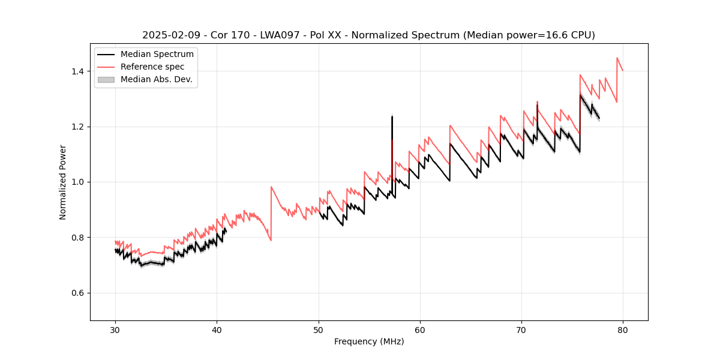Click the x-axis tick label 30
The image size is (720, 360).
click(x=115, y=330)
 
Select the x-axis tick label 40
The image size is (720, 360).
click(x=217, y=330)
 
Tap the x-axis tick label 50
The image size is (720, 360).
click(x=319, y=330)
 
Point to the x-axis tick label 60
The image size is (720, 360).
click(x=420, y=330)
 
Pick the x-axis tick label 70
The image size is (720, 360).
click(x=521, y=330)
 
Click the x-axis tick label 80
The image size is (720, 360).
click(x=623, y=330)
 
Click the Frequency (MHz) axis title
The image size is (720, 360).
click(x=369, y=341)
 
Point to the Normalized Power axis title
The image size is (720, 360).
click(x=62, y=182)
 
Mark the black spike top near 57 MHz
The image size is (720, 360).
click(x=392, y=116)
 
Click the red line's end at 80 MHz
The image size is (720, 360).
click(x=623, y=71)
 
